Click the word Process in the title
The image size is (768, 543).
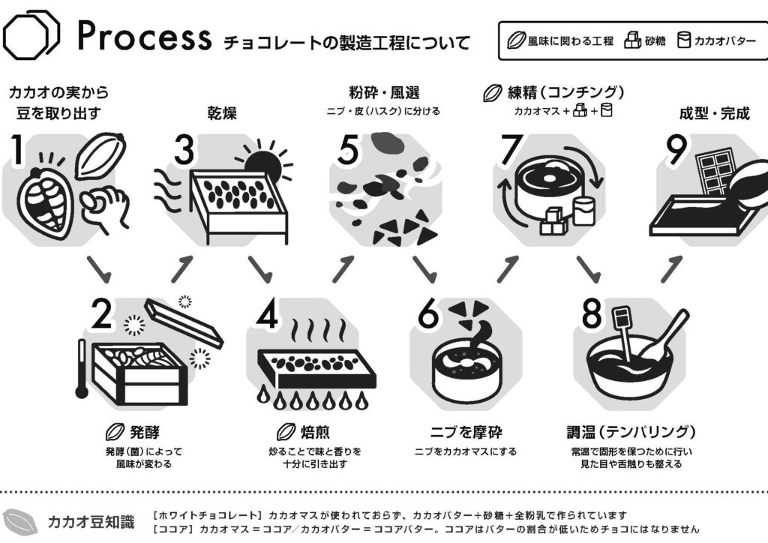click(x=145, y=35)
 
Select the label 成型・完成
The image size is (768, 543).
click(x=714, y=113)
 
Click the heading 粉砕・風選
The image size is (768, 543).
click(x=384, y=94)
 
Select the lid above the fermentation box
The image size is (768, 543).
click(x=184, y=323)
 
